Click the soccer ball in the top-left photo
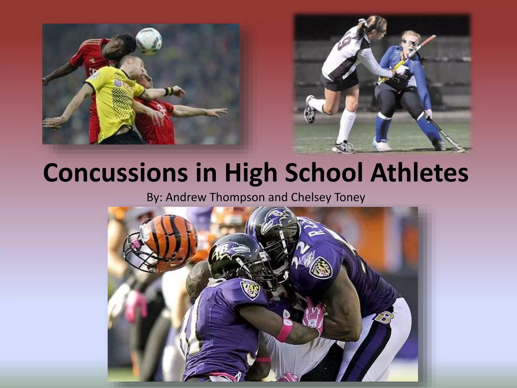coord(149,41)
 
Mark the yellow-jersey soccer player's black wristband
coord(168,91)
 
